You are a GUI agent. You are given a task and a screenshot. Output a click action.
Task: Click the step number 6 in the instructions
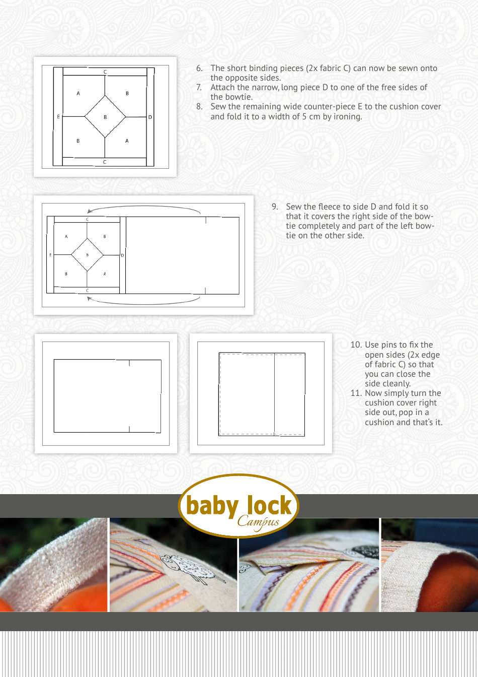tap(199, 68)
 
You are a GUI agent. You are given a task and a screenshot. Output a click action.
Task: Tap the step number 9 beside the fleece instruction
tap(275, 207)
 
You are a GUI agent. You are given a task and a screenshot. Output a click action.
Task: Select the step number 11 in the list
tap(356, 393)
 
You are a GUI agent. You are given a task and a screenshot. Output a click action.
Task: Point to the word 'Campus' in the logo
tap(258, 521)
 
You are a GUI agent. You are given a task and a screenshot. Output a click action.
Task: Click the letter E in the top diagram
tap(58, 117)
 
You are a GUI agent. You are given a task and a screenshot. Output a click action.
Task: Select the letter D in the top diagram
tap(150, 117)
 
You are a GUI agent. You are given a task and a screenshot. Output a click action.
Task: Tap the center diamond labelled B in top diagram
tap(105, 117)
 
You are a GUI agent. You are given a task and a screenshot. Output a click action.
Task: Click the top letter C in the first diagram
tap(105, 72)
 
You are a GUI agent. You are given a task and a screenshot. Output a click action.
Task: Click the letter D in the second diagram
tap(122, 255)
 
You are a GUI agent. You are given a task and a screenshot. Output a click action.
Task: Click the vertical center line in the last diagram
tap(274, 393)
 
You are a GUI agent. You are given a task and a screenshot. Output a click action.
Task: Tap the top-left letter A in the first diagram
tap(78, 93)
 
